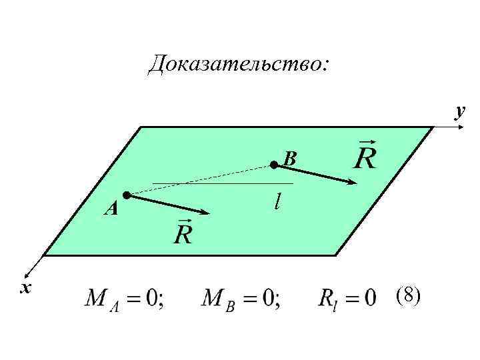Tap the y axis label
(x=459, y=110)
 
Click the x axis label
(x=26, y=287)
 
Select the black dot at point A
(x=126, y=195)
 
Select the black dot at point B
(x=273, y=163)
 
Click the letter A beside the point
(x=111, y=210)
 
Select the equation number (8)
(x=407, y=295)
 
